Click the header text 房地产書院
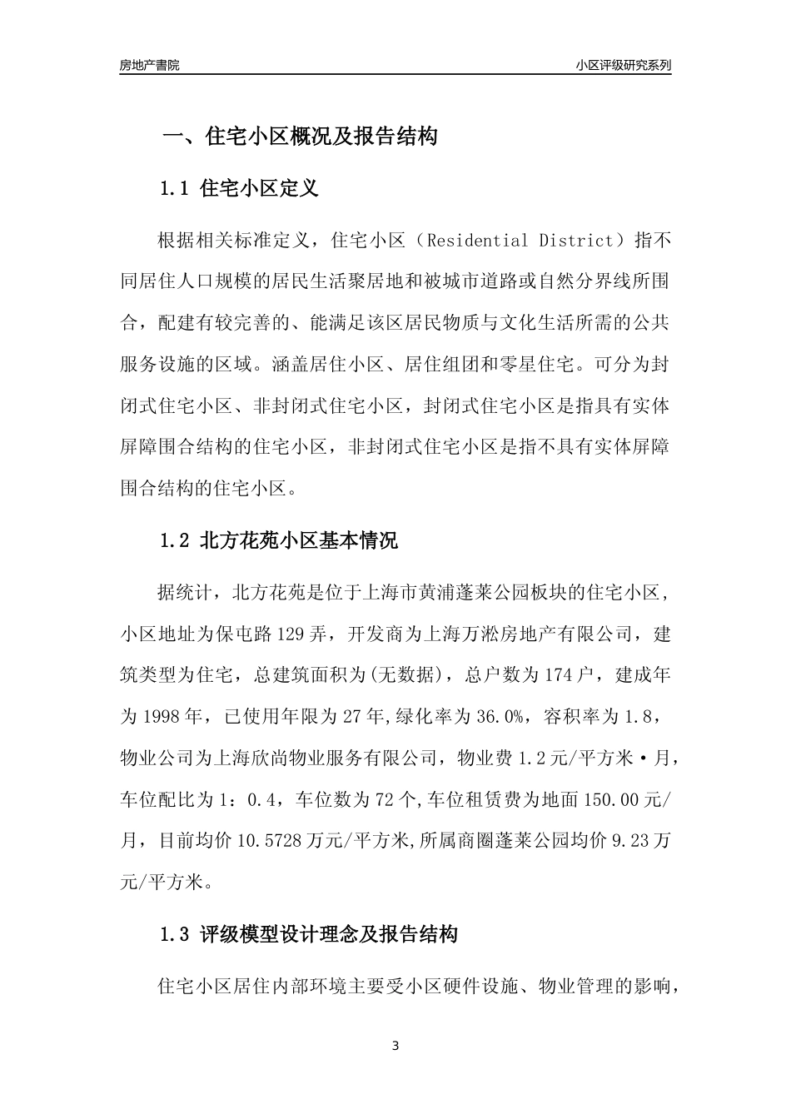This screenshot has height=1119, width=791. tap(149, 65)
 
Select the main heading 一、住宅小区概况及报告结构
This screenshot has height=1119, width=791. tap(299, 137)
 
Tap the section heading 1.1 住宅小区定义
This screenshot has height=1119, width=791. tap(239, 188)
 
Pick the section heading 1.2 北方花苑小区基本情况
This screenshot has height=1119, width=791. tap(278, 540)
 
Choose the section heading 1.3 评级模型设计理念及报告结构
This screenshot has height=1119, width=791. tap(308, 934)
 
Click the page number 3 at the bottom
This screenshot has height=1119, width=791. tap(395, 1047)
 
